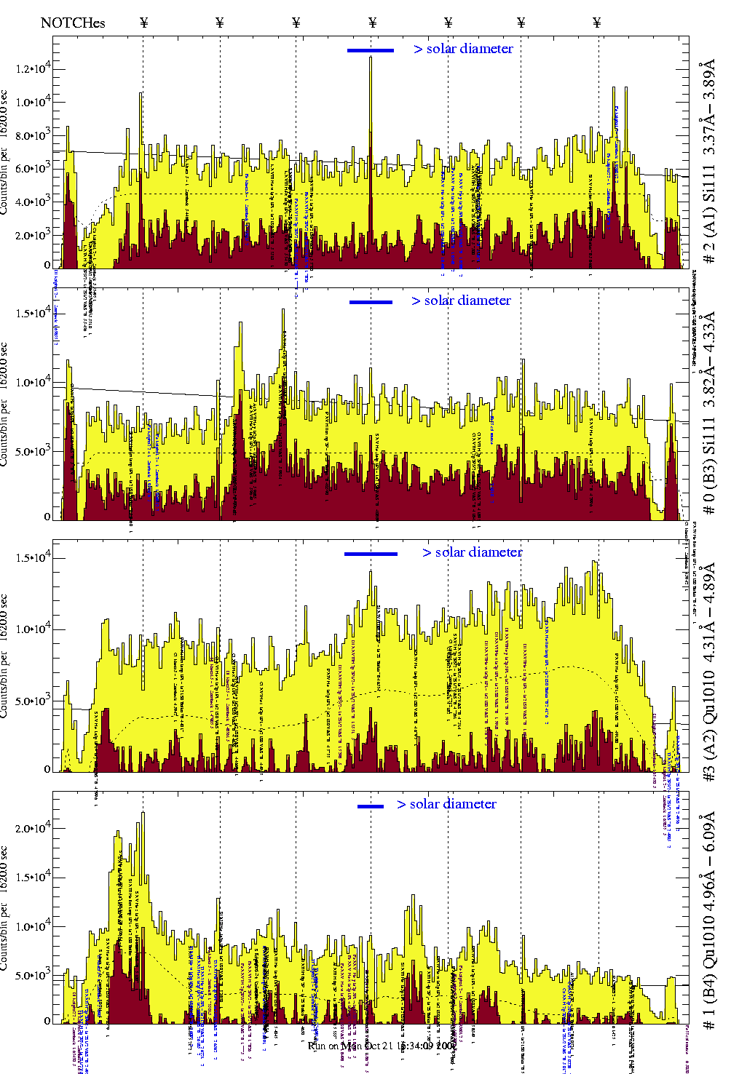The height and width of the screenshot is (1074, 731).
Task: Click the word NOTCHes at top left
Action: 73,23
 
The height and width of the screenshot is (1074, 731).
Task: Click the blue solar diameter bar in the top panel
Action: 371,50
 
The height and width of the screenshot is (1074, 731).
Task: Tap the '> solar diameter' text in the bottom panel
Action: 446,804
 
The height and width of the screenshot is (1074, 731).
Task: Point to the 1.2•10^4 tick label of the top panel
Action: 33,68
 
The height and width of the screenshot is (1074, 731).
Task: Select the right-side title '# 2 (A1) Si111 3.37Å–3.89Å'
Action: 708,163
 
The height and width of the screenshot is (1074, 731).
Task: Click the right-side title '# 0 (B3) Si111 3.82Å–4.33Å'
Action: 708,413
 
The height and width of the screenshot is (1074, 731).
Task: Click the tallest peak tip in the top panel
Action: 371,57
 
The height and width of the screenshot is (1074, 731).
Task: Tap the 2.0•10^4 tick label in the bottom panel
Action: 33,827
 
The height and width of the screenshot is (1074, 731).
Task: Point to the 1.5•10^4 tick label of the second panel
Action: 33,313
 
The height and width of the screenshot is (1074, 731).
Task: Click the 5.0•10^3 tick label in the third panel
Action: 33,701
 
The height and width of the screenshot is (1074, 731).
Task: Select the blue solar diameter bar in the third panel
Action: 371,554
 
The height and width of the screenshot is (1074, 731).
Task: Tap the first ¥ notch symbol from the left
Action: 143,23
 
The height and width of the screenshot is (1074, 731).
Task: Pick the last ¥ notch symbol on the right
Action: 597,23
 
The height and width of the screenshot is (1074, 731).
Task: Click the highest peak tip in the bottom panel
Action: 143,814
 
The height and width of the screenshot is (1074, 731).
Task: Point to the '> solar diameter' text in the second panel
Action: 461,301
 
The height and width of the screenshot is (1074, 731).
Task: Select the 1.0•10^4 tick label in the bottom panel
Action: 33,926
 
